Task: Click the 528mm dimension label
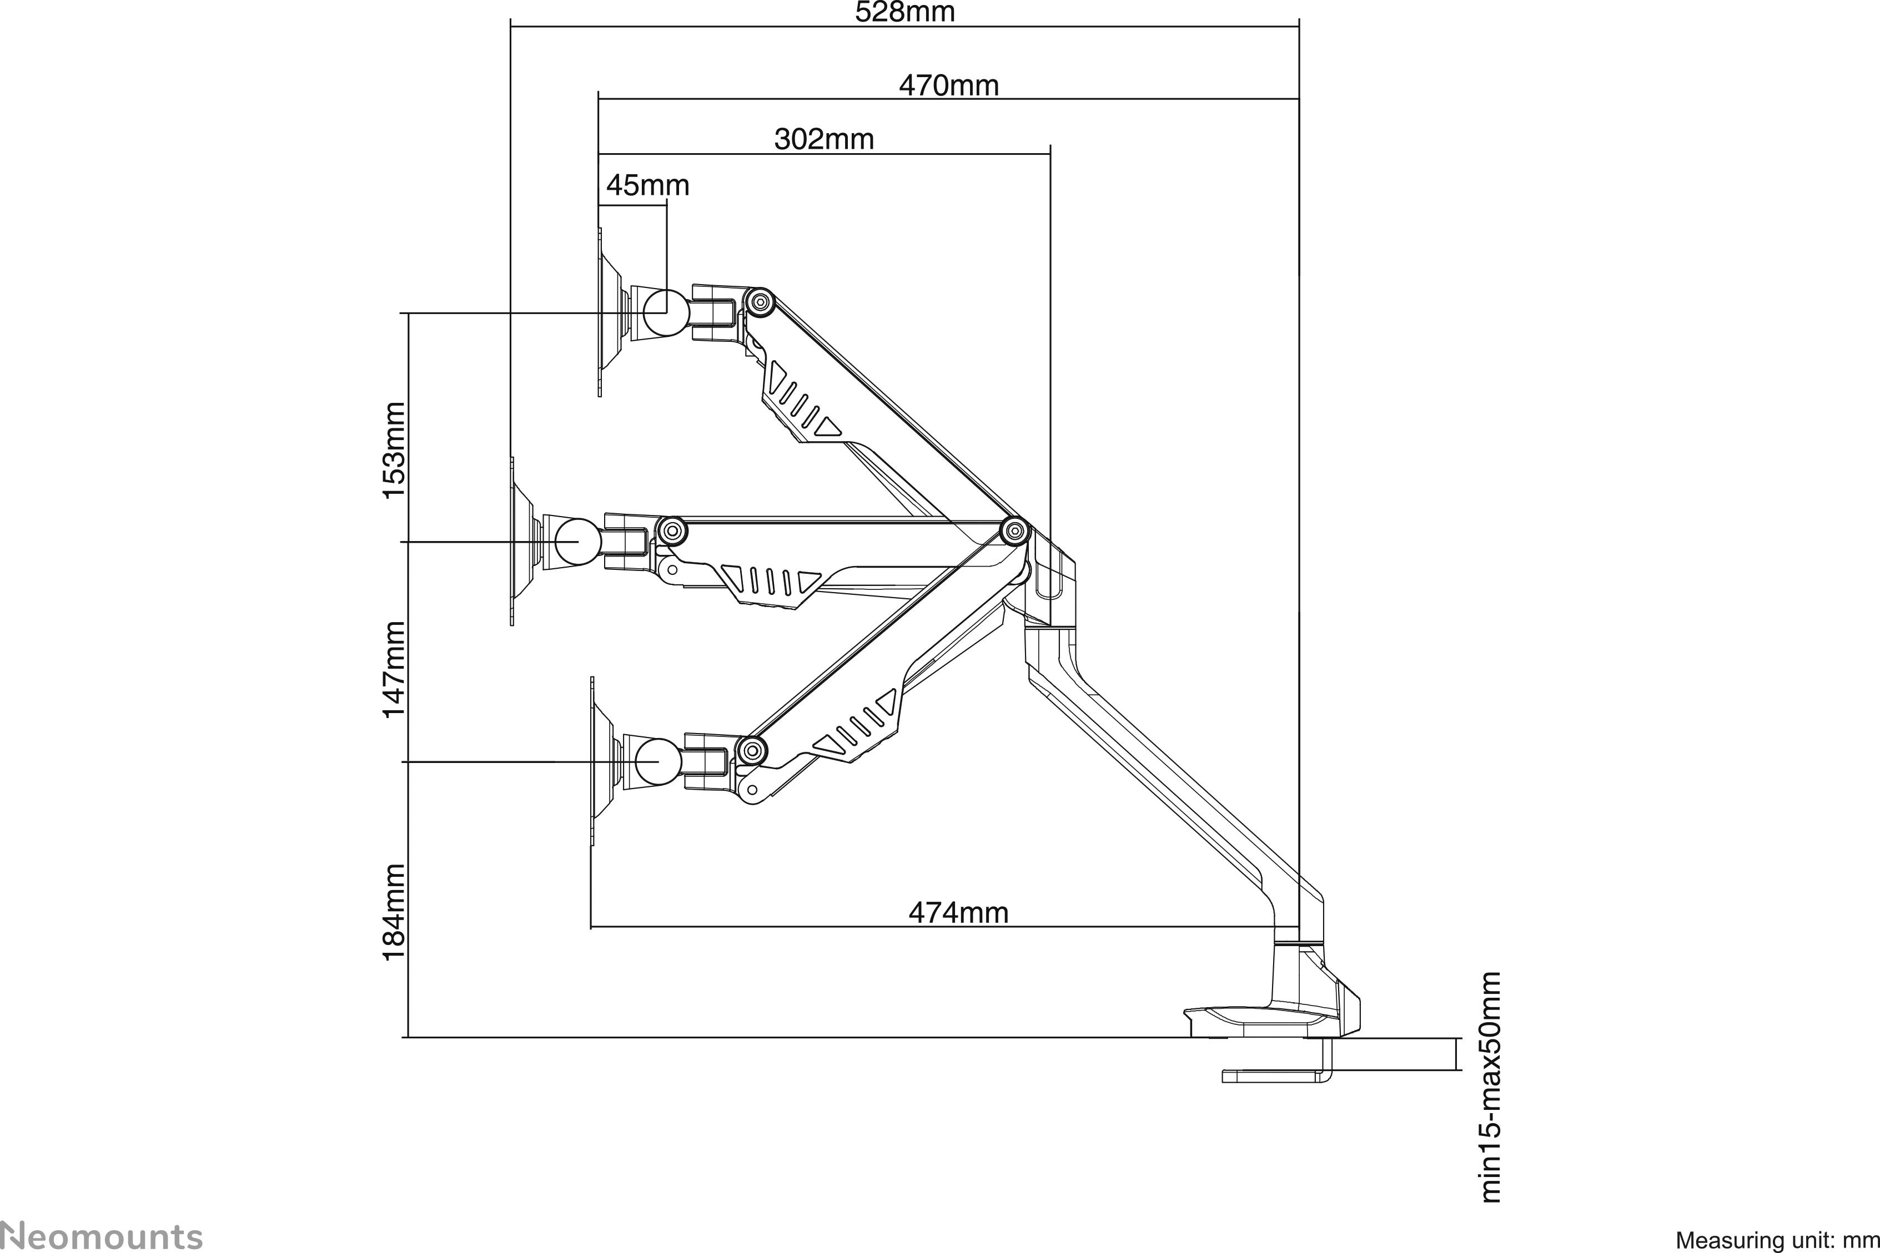click(905, 12)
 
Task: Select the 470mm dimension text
click(949, 85)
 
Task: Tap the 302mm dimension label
click(823, 139)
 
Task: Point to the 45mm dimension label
click(647, 185)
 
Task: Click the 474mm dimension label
click(958, 912)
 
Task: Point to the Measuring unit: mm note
click(1777, 1240)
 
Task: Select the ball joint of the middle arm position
click(578, 542)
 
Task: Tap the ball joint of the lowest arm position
click(658, 761)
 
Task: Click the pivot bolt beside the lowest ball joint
click(751, 750)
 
